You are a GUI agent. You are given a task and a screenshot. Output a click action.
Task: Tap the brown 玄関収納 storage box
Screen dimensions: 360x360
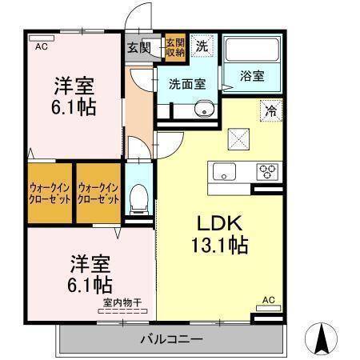coord(175,46)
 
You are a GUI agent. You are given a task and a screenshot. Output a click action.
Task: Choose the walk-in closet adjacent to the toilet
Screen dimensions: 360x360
coord(98,192)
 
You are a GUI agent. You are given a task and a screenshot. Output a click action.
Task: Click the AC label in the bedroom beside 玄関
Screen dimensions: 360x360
coord(40,46)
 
